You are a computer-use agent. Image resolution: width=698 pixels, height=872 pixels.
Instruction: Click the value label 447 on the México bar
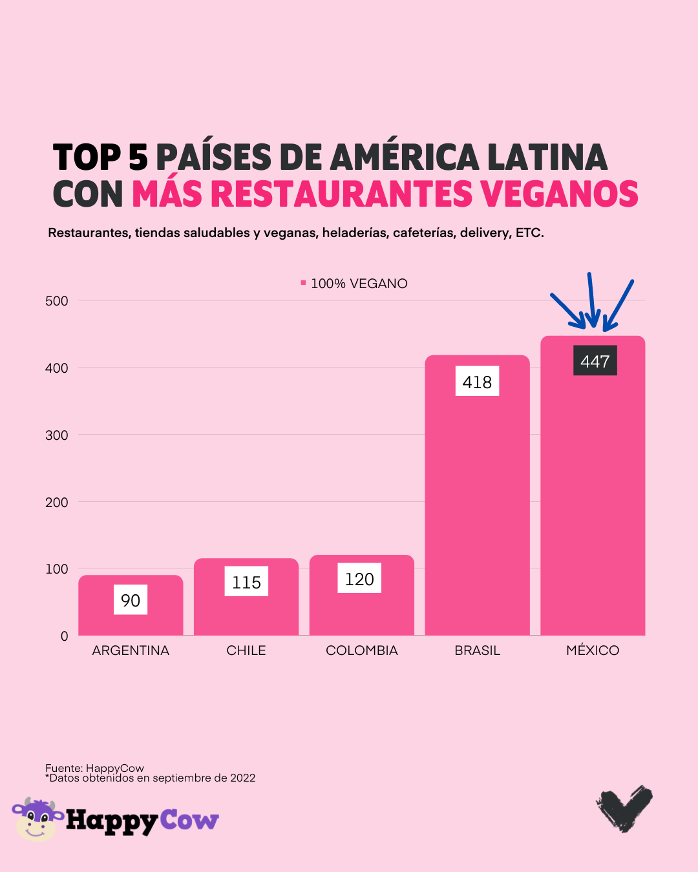tap(595, 361)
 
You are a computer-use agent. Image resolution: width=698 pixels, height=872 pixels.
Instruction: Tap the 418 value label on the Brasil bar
tap(477, 382)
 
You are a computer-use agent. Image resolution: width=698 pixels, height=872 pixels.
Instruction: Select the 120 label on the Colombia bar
tap(359, 579)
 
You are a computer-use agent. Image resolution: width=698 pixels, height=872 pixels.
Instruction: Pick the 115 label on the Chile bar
tap(246, 582)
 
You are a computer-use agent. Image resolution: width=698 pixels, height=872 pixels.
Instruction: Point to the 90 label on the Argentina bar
tap(131, 600)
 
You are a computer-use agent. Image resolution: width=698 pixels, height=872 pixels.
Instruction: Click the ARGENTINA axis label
tap(131, 650)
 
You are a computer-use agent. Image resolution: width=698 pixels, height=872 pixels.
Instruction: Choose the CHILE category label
tap(246, 650)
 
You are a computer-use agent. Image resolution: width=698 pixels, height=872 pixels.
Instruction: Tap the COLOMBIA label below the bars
tap(362, 650)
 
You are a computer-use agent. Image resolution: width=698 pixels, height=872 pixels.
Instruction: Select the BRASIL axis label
tap(477, 650)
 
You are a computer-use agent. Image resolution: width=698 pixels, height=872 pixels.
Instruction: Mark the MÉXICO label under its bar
tap(593, 650)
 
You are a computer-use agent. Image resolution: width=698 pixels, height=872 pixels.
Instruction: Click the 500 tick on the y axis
tap(57, 301)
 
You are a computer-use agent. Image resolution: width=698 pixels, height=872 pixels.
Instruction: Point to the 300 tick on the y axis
tap(57, 435)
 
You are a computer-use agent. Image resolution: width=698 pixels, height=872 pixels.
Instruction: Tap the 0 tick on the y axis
tap(64, 636)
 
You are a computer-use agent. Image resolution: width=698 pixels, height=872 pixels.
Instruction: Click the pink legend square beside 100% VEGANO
tap(303, 283)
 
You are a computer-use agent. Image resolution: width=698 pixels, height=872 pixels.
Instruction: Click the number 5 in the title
tap(138, 158)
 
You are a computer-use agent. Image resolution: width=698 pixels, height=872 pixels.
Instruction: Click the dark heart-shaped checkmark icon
tap(624, 807)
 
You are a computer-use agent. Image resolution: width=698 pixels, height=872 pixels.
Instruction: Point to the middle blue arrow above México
tap(591, 300)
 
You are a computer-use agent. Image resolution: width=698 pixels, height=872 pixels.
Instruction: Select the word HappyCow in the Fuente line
tap(115, 768)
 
